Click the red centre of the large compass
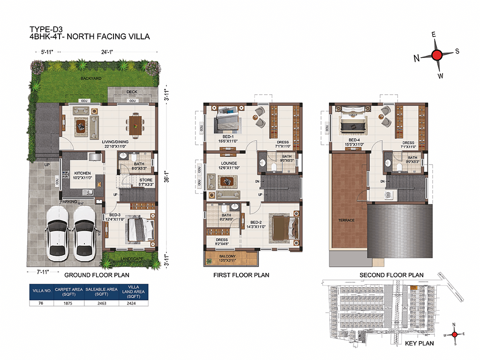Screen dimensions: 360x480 (436, 55)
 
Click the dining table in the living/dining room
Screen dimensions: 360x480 (134, 125)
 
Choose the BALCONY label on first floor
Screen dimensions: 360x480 (231, 256)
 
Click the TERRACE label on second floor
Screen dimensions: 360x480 (348, 220)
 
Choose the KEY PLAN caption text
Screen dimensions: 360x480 (420, 344)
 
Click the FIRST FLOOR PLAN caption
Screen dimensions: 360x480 (241, 275)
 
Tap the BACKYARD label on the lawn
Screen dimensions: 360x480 (91, 79)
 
